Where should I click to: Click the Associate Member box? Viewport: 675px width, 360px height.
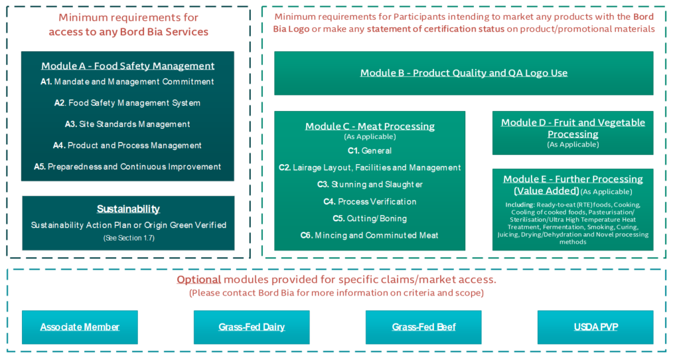coord(80,327)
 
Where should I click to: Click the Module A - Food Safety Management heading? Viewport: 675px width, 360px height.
coord(127,66)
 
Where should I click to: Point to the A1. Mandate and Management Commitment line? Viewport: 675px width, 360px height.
coord(127,82)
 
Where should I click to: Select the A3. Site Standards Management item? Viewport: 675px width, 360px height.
coord(127,124)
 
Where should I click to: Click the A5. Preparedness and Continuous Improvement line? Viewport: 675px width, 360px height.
coord(127,167)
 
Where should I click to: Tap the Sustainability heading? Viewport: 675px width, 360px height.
coord(128,209)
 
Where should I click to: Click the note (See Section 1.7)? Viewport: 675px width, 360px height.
coord(128,238)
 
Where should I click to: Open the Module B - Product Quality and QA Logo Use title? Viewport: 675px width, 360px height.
coord(463,73)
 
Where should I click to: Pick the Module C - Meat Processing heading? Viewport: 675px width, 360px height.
coord(370,126)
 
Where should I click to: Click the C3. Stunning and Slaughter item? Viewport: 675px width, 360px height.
coord(370,185)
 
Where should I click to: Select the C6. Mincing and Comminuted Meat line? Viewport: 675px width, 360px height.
coord(370,235)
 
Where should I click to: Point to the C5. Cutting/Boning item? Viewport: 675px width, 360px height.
coord(370,219)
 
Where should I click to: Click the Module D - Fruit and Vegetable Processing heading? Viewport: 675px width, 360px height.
coord(573,128)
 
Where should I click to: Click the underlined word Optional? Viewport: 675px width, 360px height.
coord(198,280)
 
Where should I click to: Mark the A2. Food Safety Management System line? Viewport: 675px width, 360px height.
coord(127,103)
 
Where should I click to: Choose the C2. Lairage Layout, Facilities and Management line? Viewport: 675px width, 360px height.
coord(370,167)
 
